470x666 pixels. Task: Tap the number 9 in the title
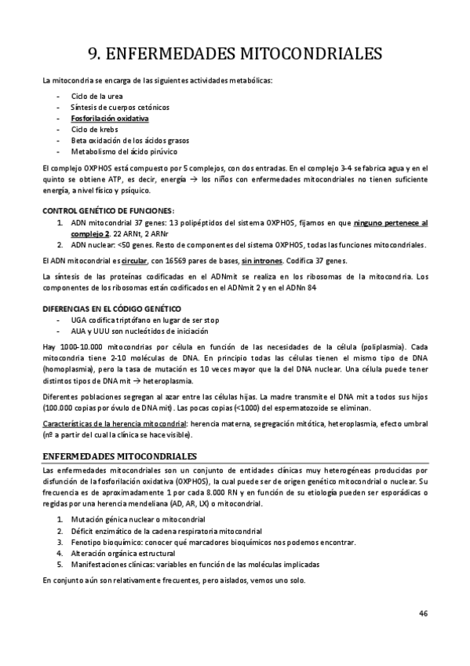94,53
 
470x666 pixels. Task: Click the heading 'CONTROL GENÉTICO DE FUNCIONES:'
107,210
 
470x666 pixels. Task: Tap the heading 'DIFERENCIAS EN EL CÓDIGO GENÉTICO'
112,309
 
